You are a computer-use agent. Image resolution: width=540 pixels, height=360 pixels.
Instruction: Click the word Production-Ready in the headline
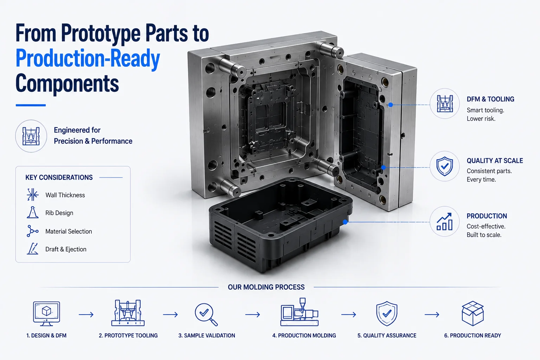pos(88,58)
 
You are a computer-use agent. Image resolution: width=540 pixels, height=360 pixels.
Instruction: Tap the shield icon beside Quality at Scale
pos(444,166)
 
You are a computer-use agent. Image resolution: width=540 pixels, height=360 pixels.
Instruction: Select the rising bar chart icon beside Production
pos(444,221)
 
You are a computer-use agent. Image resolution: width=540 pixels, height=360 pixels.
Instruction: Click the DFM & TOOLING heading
pos(490,99)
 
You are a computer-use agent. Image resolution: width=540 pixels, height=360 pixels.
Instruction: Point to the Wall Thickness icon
pos(33,194)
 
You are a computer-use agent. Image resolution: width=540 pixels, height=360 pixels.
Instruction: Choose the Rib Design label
pos(59,213)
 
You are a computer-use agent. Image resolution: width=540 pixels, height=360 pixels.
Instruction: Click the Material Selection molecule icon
pos(32,231)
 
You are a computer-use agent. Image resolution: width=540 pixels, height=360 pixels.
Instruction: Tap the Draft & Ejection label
pos(66,249)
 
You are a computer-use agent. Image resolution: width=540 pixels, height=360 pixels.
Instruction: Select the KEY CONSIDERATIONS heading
pos(59,178)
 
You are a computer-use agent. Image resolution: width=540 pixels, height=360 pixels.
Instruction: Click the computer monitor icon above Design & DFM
pos(46,314)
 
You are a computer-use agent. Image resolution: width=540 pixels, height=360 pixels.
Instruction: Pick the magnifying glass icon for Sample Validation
pos(206,314)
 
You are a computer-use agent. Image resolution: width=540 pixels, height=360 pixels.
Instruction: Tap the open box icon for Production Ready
pos(472,313)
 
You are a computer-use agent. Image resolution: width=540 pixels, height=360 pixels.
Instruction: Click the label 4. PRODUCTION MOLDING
pos(304,335)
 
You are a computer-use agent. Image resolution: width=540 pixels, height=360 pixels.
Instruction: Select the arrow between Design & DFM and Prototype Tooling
pos(86,314)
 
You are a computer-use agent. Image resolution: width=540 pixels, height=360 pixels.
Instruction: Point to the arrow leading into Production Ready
pos(432,314)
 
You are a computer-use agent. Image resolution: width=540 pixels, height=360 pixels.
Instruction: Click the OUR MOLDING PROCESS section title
pos(266,287)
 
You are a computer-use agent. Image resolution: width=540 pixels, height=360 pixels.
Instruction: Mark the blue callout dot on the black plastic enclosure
pos(345,222)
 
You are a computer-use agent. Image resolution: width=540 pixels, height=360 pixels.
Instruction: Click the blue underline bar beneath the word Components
pos(31,105)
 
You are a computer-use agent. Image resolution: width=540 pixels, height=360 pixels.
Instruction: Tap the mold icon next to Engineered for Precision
pos(31,136)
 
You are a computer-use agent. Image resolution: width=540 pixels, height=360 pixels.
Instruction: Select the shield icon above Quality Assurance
pos(387,314)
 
